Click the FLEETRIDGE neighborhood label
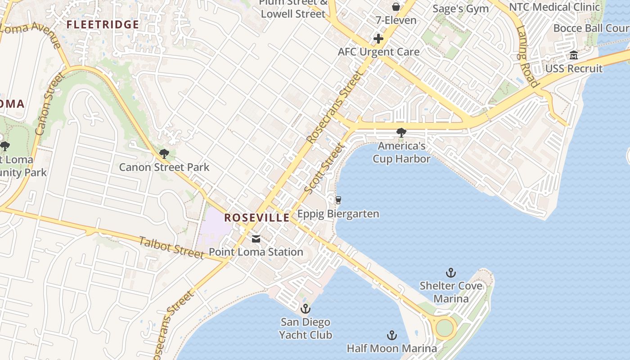[103, 24]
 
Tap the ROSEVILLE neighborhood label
[257, 218]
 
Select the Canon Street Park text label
[164, 167]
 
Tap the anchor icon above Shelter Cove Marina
[450, 273]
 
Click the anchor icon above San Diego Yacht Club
[306, 309]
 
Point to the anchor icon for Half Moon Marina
[392, 335]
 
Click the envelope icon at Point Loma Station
[256, 239]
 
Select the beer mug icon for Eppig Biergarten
[338, 200]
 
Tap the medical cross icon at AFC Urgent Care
[378, 39]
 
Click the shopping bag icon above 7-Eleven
[396, 7]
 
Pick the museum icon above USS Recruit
[574, 55]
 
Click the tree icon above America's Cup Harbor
[401, 133]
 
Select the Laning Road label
[527, 56]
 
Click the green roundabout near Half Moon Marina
[445, 327]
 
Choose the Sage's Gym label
[460, 9]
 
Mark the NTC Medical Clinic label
[554, 7]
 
